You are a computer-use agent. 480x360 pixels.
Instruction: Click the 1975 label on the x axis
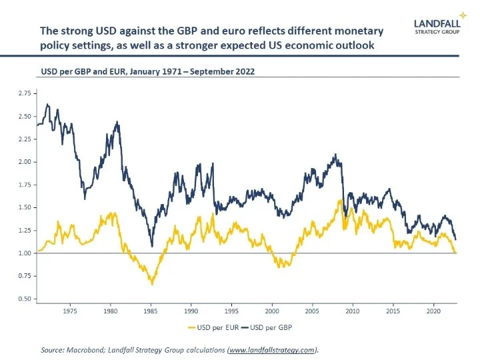tap(71, 311)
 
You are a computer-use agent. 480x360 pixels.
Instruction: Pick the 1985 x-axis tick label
tap(151, 311)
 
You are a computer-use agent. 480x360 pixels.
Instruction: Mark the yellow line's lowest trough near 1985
tap(152, 285)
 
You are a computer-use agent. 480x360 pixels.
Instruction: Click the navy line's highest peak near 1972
tap(47, 104)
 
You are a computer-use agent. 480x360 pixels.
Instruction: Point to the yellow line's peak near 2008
tap(340, 199)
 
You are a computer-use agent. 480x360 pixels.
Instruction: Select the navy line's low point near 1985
tap(152, 245)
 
